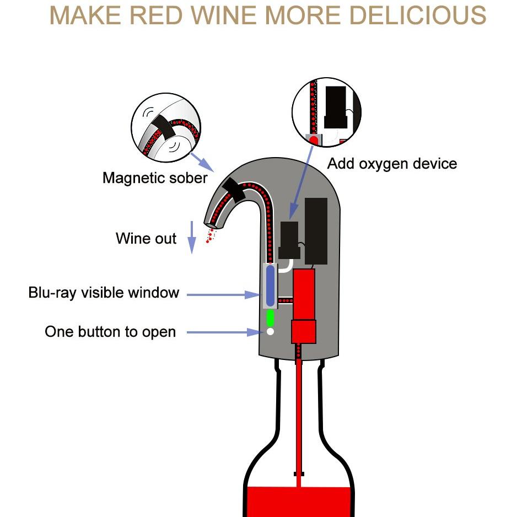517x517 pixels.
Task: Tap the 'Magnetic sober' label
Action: point(155,178)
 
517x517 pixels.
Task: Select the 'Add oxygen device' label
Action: point(392,164)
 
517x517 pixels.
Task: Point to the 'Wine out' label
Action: point(146,239)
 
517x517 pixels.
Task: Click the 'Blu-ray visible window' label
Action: point(104,292)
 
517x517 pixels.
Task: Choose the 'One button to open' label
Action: point(110,332)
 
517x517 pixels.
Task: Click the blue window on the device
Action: point(270,285)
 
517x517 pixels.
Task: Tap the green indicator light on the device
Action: point(270,317)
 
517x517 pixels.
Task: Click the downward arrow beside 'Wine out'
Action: point(192,237)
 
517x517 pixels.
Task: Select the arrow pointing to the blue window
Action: point(223,295)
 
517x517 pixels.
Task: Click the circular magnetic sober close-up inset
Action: point(166,126)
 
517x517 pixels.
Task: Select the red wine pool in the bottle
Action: point(298,502)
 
